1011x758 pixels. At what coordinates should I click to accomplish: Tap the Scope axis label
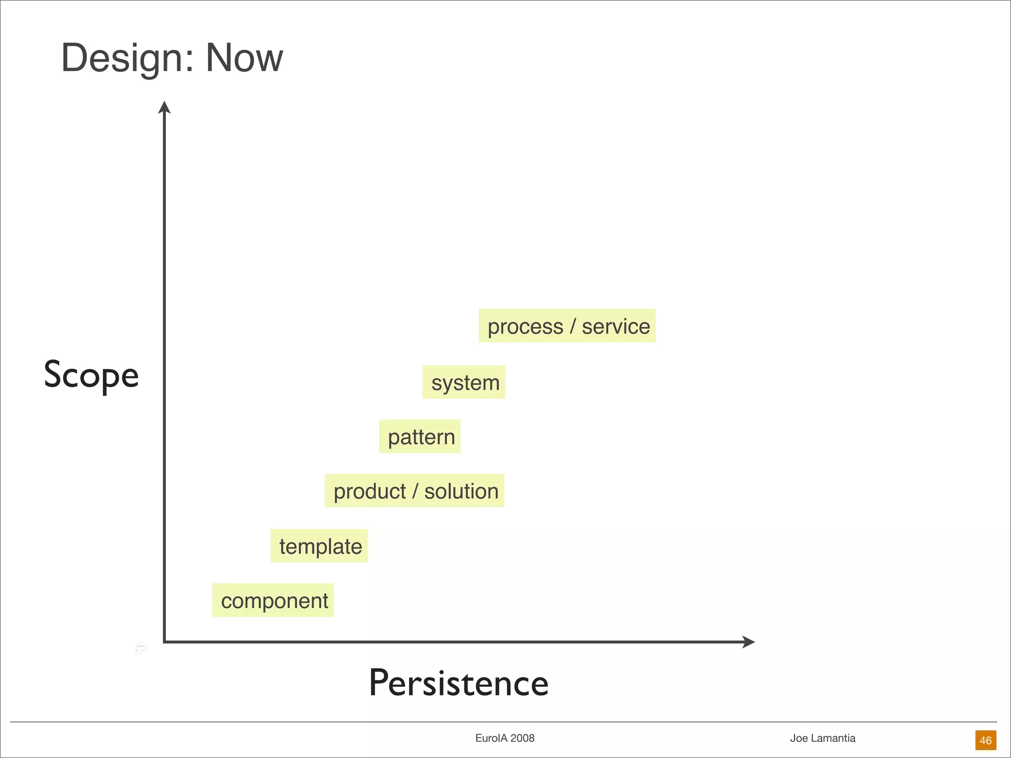point(91,375)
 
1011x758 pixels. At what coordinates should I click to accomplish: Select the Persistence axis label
point(459,683)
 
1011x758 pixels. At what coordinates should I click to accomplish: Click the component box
point(273,601)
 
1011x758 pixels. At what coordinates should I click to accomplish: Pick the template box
point(319,546)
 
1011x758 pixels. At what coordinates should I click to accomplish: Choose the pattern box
point(420,437)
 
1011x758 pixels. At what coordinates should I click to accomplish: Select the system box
point(464,382)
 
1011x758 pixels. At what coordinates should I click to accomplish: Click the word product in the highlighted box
point(369,492)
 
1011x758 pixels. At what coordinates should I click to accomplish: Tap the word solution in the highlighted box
point(462,492)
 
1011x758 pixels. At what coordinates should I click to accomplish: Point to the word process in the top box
point(525,327)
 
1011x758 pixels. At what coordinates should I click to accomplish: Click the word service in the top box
point(616,327)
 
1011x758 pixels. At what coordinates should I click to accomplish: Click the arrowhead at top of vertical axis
point(164,107)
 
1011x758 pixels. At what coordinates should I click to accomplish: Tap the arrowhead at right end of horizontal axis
point(749,642)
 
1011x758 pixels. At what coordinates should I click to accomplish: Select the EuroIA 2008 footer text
point(505,738)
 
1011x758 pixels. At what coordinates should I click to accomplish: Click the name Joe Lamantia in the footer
point(822,738)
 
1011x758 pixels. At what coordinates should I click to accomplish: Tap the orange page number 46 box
point(985,740)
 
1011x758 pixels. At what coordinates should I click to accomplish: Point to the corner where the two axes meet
point(164,642)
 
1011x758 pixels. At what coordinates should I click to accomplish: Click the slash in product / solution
point(415,492)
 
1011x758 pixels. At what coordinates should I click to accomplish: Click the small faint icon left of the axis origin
point(140,649)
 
